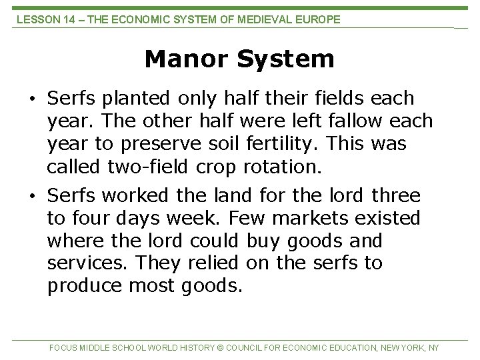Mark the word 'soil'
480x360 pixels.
coord(233,144)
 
